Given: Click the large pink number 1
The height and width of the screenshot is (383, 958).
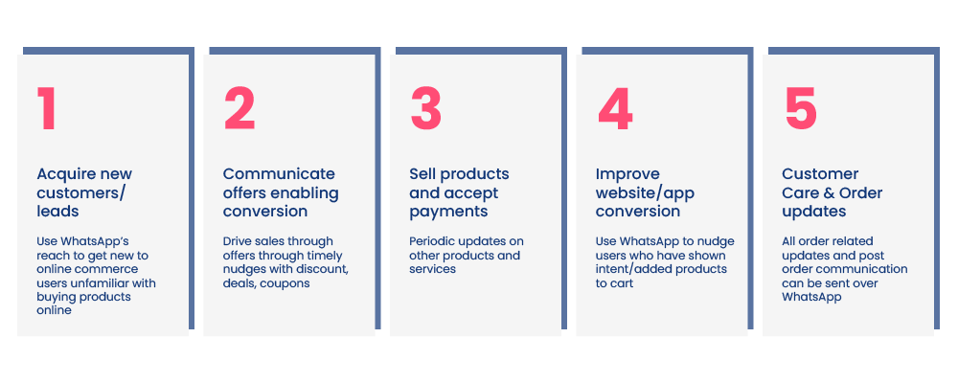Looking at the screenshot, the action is (x=47, y=108).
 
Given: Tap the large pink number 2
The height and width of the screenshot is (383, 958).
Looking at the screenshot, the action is (x=239, y=108).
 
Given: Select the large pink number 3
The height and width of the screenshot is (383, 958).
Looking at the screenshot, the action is (x=426, y=108).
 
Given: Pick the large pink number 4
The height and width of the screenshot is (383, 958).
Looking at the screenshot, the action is (x=615, y=108).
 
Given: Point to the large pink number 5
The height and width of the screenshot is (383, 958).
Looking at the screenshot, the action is (x=801, y=108).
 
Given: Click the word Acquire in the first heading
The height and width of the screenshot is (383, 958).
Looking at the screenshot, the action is (x=65, y=174).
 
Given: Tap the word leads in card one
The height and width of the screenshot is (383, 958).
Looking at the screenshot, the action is (x=58, y=212).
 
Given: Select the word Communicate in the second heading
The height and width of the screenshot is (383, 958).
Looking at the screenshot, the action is (x=279, y=174).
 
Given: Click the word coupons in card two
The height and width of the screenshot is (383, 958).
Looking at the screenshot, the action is (x=287, y=283).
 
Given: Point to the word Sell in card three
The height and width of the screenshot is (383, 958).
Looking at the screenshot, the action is (x=422, y=174).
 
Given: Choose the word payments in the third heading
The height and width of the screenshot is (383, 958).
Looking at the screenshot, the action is (x=448, y=212).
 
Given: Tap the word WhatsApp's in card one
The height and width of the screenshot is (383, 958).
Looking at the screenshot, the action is (x=92, y=241).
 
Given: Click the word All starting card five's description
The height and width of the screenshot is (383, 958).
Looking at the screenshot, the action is (x=788, y=241).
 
